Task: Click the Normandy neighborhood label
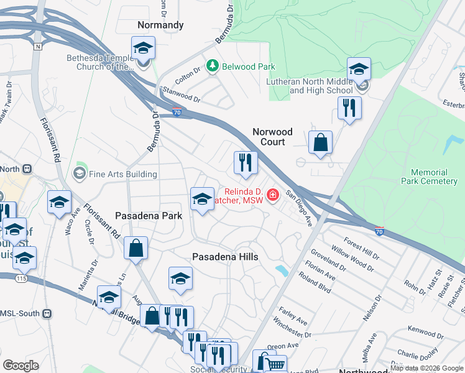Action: coord(160,25)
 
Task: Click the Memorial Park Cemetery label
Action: coord(429,177)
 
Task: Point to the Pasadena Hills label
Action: coord(225,256)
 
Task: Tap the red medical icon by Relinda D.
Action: coord(272,196)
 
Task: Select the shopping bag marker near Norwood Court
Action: coord(320,142)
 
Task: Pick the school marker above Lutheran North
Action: coord(359,69)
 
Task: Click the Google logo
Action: coord(21,366)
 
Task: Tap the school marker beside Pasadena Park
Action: coord(201,200)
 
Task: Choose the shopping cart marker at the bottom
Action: coord(276,365)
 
